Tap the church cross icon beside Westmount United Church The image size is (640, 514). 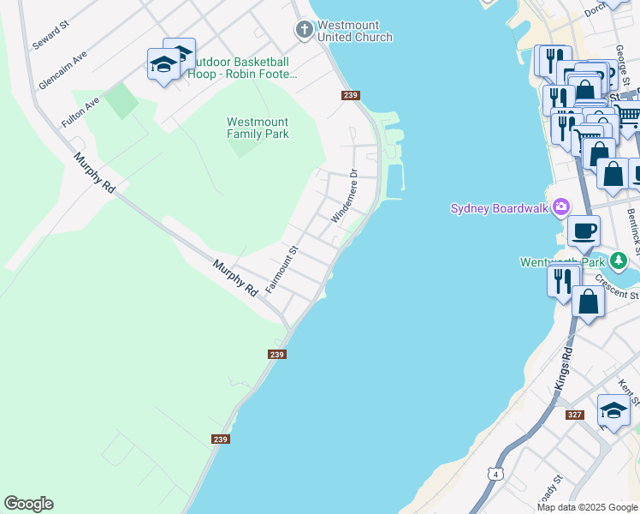tap(304, 31)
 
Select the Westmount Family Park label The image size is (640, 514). tap(258, 128)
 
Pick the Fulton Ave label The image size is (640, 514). tap(80, 112)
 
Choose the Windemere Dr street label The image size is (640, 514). tap(343, 196)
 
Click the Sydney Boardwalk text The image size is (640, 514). tap(501, 207)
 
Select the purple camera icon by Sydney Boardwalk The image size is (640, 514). tap(561, 206)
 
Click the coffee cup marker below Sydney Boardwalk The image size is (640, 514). tap(584, 230)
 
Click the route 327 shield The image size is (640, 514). tap(575, 415)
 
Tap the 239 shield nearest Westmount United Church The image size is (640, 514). tap(350, 95)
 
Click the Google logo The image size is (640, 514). tap(28, 504)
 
